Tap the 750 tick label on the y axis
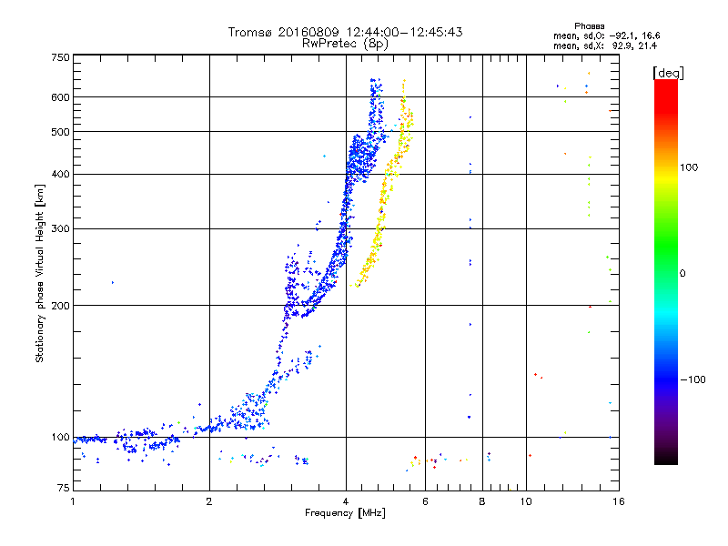point(60,57)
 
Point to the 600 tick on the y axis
point(60,97)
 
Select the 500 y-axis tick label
point(60,132)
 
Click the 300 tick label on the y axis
point(60,228)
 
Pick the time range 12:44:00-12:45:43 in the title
point(409,32)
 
